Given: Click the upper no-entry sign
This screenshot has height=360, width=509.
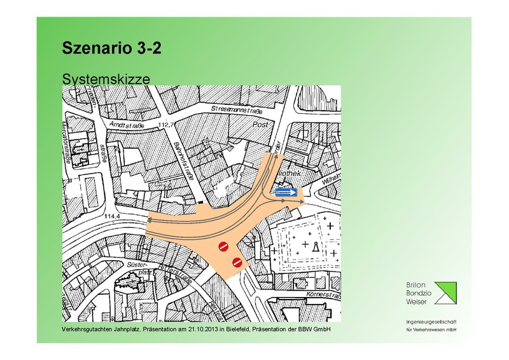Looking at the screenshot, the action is coord(223,247).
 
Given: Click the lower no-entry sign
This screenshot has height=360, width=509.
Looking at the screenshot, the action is coord(237,261).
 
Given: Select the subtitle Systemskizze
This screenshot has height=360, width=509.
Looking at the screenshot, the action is coord(105,79).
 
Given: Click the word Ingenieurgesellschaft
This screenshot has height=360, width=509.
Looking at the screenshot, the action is coord(432,323).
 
